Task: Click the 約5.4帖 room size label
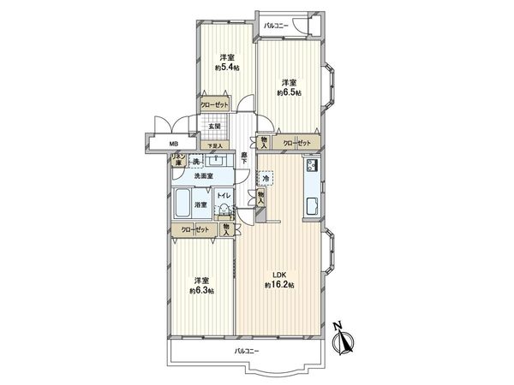point(228,67)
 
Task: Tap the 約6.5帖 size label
point(288,92)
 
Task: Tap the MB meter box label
point(173,144)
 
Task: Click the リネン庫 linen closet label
point(179,157)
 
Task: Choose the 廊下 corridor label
point(244,157)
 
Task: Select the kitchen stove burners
point(311,164)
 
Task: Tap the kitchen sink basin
point(312,205)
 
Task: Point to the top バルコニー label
point(276,25)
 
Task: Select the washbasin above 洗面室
point(218,159)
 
